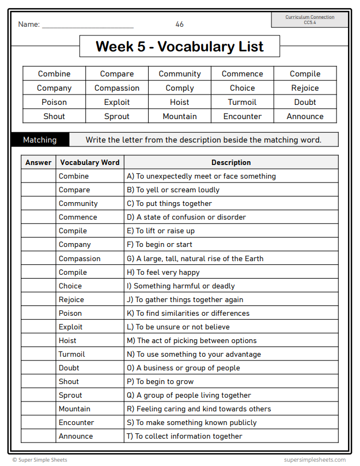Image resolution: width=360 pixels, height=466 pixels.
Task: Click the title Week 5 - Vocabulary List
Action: pos(179,46)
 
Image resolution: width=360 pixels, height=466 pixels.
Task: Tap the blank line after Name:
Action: pos(87,25)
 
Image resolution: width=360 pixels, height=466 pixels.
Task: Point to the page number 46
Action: pos(180,24)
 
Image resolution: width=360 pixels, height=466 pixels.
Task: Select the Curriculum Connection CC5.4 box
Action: pos(310,20)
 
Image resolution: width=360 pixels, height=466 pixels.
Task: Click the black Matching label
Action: pos(40,140)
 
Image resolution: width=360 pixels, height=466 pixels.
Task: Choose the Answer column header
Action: pos(38,162)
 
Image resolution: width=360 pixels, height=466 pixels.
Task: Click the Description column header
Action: pos(231,162)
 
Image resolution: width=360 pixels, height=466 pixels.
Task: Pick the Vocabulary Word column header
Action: pos(90,162)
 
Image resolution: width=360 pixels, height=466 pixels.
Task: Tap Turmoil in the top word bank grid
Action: pos(242,102)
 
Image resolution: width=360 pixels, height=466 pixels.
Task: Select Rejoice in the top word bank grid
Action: pos(305,88)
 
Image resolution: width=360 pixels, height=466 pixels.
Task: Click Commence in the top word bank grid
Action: pos(242,74)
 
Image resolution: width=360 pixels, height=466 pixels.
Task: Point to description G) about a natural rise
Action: pos(195,258)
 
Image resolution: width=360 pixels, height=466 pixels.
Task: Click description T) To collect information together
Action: pos(185,436)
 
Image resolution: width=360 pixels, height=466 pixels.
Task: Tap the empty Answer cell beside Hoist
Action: pos(38,340)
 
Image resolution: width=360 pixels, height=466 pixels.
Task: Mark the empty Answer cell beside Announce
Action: pos(38,436)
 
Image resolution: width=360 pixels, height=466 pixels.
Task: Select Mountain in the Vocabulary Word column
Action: pos(75,409)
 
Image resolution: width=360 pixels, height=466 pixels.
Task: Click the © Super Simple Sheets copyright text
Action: pos(40,460)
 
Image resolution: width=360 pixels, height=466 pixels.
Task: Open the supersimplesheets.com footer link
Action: pos(315,460)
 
